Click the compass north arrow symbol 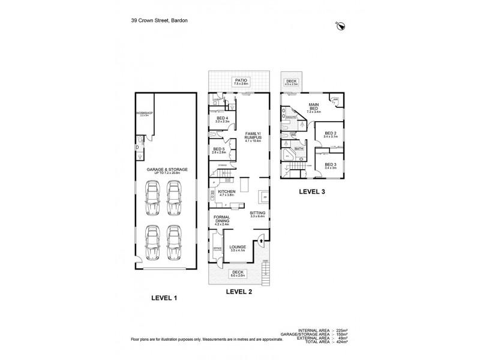tap(340, 25)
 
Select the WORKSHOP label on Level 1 tap(144, 113)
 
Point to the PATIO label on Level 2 tap(241, 82)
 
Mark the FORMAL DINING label tap(223, 220)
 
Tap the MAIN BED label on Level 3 tap(314, 109)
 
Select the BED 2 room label tap(331, 134)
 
